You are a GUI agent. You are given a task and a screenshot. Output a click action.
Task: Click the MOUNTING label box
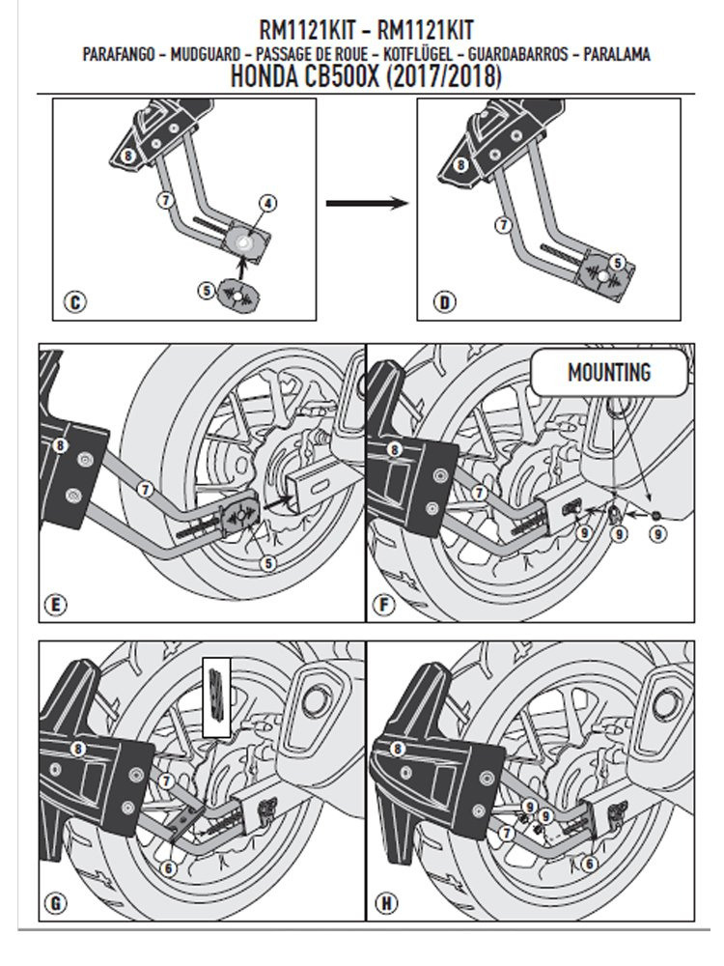click(609, 372)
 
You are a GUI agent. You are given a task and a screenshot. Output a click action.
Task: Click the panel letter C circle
click(74, 302)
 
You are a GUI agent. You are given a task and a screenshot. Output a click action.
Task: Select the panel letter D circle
click(443, 302)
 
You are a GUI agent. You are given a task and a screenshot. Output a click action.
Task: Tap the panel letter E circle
click(55, 606)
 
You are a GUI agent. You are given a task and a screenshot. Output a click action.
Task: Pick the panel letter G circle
click(55, 903)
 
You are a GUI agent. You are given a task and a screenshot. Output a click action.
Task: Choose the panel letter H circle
click(386, 903)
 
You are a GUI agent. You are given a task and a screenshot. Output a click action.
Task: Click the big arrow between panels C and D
click(364, 204)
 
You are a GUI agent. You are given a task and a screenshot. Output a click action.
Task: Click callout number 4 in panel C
click(267, 202)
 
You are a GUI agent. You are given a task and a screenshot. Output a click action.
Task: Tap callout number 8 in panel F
click(393, 449)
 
